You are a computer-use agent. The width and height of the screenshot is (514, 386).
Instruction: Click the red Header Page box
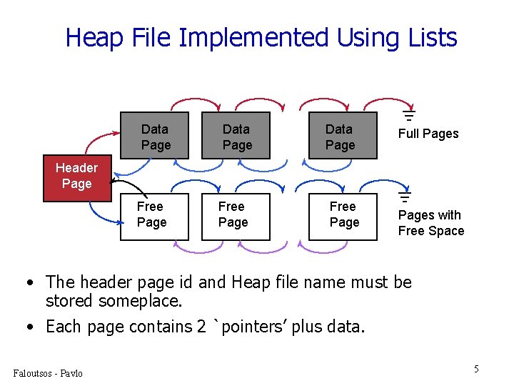click(x=76, y=177)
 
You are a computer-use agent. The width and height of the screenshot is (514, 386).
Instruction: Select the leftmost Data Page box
click(x=155, y=136)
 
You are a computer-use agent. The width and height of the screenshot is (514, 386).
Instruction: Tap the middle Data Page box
click(x=236, y=136)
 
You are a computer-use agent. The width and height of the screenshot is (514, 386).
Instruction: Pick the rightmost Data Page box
click(x=340, y=136)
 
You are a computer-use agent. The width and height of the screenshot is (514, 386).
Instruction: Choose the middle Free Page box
click(x=232, y=216)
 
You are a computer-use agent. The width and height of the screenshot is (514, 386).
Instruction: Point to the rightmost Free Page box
click(x=343, y=216)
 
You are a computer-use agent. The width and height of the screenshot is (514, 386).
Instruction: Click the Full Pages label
click(x=428, y=134)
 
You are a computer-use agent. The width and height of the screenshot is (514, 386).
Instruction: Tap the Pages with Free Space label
click(x=430, y=223)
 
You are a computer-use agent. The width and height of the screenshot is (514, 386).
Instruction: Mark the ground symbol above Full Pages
click(x=409, y=114)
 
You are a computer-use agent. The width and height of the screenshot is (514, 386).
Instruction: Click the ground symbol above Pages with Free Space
click(x=405, y=196)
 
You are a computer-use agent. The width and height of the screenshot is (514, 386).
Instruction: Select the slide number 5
click(x=476, y=369)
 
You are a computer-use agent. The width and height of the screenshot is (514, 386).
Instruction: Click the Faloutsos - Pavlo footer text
click(x=48, y=373)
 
